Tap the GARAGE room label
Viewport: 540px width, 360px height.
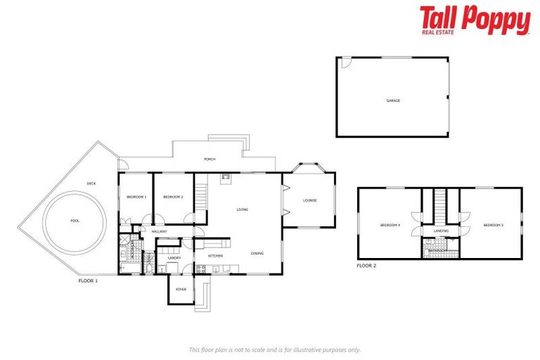tap(393, 101)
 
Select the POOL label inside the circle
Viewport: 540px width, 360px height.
tap(75, 221)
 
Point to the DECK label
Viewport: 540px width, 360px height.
tap(91, 184)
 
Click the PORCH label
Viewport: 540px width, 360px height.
tap(210, 160)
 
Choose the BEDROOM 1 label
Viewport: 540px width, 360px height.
tap(136, 197)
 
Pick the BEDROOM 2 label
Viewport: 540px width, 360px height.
tap(173, 197)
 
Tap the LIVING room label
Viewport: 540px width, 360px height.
tap(243, 210)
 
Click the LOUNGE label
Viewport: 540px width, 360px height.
tap(310, 200)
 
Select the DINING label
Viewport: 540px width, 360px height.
tap(257, 253)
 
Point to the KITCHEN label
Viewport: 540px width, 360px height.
tap(215, 256)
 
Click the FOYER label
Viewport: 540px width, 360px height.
tap(181, 289)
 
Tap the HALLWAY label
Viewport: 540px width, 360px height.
tap(159, 231)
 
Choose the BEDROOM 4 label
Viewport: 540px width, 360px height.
tap(390, 225)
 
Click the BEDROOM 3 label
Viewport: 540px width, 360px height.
tap(493, 225)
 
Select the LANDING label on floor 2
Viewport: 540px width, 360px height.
tap(441, 231)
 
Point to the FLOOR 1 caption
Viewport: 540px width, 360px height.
tap(88, 281)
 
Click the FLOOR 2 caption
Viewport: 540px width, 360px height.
tap(366, 266)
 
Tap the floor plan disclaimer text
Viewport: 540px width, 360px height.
tap(275, 349)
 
